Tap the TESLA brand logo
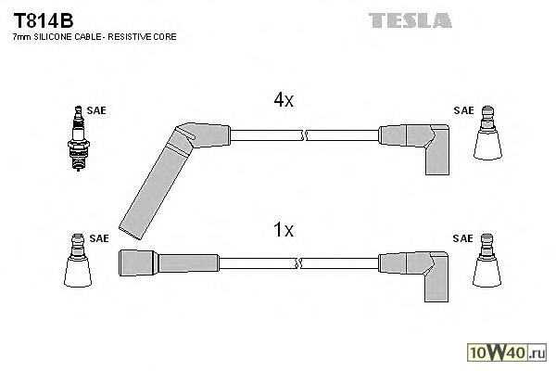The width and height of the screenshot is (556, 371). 410,19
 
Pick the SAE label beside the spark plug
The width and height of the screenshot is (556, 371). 96,110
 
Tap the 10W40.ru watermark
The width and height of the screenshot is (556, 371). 511,352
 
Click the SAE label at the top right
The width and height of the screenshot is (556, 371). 463,110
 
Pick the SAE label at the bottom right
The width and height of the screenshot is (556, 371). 463,238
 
